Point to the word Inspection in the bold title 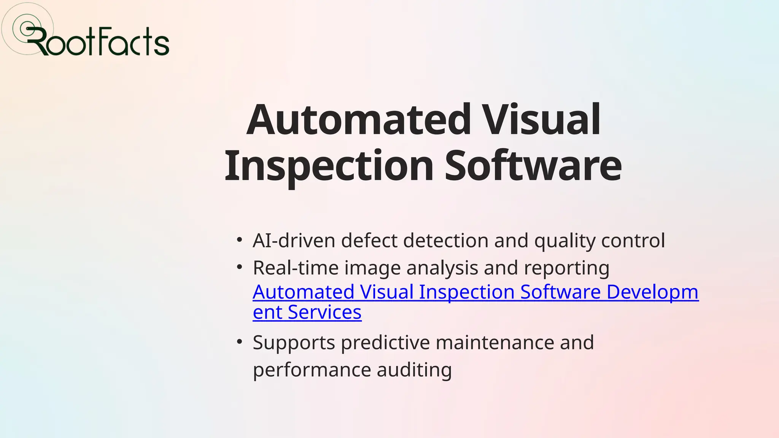tap(329, 166)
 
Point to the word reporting tap(566, 268)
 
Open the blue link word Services tap(324, 313)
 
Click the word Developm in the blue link tap(652, 292)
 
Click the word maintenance tap(494, 343)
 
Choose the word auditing tap(414, 370)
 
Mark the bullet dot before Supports tap(239, 341)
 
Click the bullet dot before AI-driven tap(239, 240)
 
